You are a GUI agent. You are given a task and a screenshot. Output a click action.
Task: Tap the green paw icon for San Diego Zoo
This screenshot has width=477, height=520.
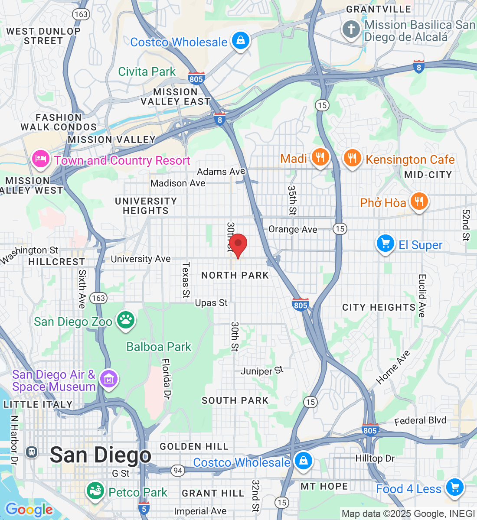[x=126, y=320]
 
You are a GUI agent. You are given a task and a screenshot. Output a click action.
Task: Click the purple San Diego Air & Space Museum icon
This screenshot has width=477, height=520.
[x=108, y=379]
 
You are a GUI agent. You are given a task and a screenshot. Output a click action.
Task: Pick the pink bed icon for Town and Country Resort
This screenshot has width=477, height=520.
[x=41, y=159]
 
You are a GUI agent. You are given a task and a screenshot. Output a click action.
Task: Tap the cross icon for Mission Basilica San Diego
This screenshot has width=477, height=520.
[x=351, y=29]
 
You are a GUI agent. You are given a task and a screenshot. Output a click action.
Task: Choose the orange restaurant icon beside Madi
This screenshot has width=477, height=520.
[x=320, y=157]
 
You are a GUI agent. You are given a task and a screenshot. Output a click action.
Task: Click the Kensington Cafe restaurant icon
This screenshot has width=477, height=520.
[x=352, y=158]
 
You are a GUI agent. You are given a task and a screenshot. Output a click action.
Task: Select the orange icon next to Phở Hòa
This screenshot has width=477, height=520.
[x=418, y=201]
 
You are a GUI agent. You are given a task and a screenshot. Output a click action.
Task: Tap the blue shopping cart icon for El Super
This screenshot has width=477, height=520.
[x=385, y=244]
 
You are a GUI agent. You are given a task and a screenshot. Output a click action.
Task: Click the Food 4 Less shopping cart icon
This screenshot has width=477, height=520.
[x=454, y=487]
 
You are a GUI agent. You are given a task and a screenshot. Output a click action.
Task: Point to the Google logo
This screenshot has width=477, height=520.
[x=29, y=510]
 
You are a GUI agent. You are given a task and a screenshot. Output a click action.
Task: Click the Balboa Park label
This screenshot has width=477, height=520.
[x=159, y=347]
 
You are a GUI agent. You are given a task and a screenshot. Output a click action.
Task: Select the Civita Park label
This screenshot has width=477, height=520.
[x=147, y=71]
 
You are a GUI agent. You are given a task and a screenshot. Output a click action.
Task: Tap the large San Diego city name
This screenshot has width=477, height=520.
[x=101, y=455]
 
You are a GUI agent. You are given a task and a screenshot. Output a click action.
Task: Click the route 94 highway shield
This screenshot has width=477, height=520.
[x=177, y=470]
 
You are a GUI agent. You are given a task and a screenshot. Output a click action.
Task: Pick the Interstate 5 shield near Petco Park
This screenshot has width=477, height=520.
[x=144, y=508]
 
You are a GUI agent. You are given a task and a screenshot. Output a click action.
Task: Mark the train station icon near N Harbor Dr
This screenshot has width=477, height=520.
[x=31, y=452]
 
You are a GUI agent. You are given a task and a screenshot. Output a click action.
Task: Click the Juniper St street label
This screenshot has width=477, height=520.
[x=261, y=371]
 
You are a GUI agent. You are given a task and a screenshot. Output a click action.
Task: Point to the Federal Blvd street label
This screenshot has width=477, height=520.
[x=420, y=421]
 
